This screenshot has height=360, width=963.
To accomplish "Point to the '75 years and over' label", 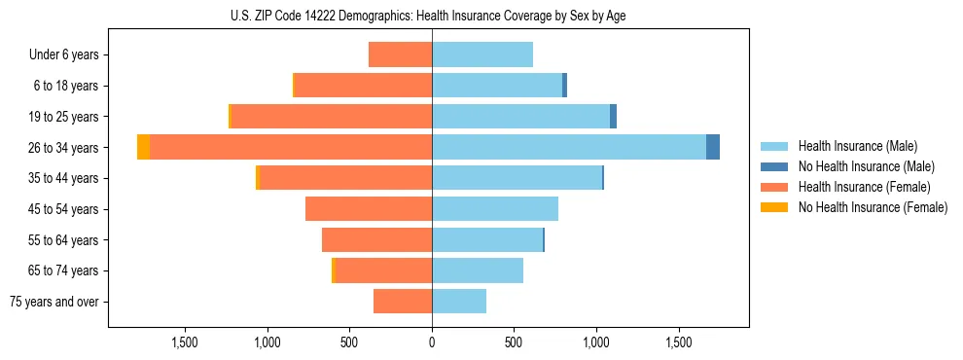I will tap(54, 302).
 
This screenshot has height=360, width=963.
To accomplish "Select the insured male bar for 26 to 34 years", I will tap(569, 148).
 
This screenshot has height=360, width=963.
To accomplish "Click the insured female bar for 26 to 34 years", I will tap(291, 148).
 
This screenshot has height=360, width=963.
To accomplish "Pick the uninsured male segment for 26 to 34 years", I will tap(713, 148).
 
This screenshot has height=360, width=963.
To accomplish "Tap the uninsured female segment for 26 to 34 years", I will tap(144, 148).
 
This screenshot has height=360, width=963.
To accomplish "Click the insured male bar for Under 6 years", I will tap(482, 55).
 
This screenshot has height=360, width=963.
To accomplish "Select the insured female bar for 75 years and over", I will tap(403, 302).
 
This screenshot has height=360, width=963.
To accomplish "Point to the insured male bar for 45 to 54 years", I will tap(495, 209).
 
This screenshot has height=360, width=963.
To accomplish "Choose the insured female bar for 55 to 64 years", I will tap(377, 240).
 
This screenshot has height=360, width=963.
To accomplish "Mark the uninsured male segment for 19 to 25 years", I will tap(614, 117).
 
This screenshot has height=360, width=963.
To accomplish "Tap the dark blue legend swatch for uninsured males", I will tap(774, 166).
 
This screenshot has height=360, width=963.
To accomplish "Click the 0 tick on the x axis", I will tap(432, 342).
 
